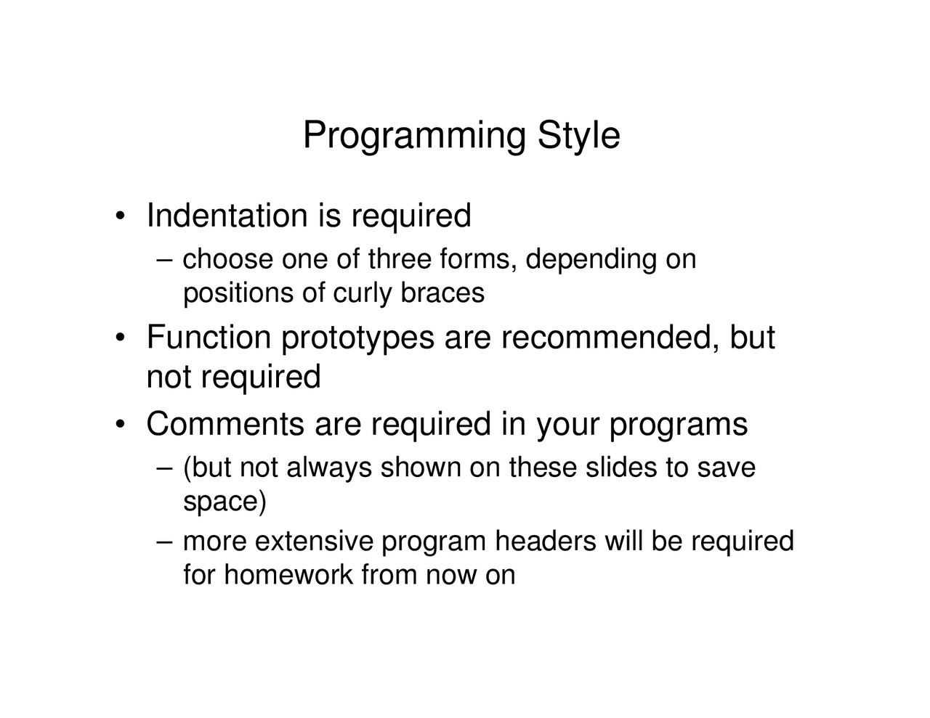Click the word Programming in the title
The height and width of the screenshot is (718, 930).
414,136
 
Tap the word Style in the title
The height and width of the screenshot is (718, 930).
578,136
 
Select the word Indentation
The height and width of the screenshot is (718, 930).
227,216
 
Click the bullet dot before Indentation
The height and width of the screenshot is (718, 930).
121,216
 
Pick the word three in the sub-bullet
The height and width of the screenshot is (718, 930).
400,259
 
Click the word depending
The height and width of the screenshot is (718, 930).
591,261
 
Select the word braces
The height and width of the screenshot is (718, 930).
442,293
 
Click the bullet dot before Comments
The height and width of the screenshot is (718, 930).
121,424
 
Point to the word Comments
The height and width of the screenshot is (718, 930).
225,424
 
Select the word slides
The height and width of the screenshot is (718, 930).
621,468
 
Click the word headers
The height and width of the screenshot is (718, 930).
546,541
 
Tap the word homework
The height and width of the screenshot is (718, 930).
289,575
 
